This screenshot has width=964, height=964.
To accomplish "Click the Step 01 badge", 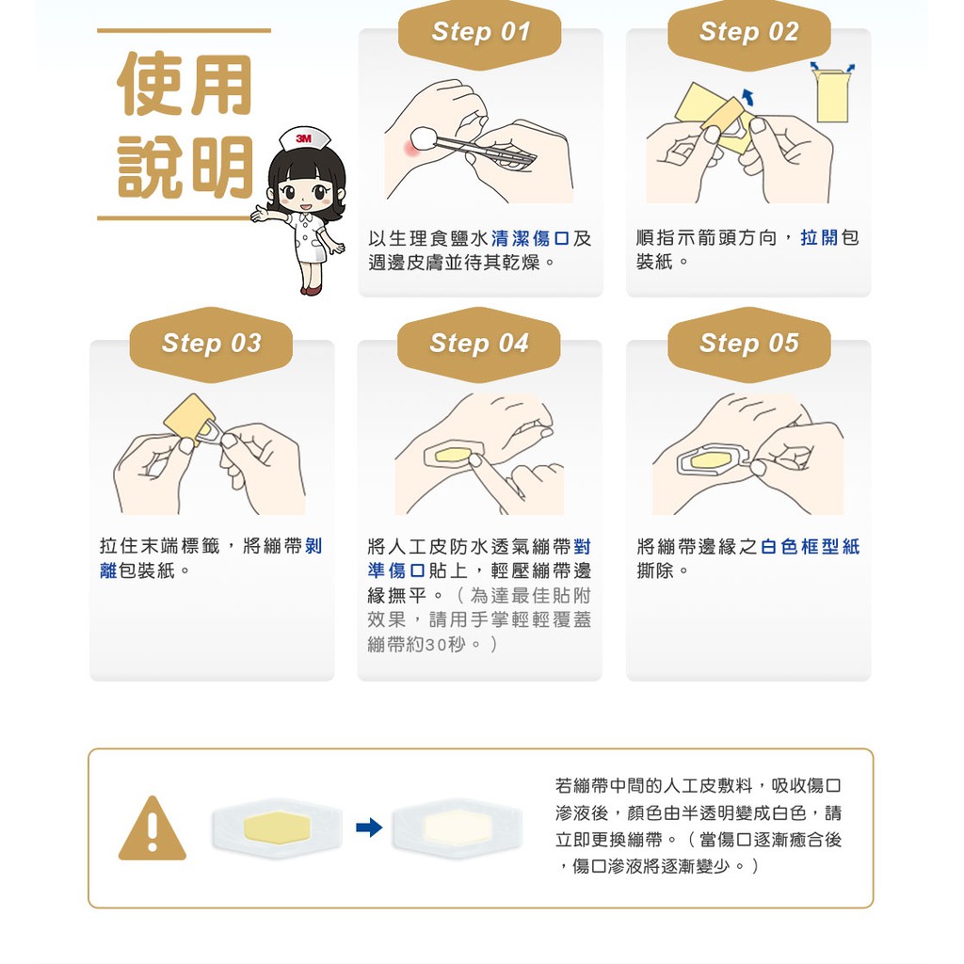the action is tap(479, 35).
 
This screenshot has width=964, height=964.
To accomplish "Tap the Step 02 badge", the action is tap(748, 35).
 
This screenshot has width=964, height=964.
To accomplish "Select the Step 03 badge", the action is tap(211, 345).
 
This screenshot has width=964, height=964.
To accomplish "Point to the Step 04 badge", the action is tap(479, 345).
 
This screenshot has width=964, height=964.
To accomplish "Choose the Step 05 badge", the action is tap(748, 345).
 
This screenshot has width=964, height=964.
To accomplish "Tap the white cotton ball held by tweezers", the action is tap(423, 138).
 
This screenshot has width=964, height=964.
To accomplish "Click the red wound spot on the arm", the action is tap(410, 148).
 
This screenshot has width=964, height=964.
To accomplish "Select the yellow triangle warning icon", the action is tap(152, 829).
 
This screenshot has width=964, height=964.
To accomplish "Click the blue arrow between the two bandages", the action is tap(369, 827).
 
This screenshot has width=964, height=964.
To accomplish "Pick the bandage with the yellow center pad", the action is tap(277, 827).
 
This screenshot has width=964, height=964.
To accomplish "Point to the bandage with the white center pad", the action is tap(457, 827).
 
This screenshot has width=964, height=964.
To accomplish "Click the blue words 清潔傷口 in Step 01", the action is tap(530, 238).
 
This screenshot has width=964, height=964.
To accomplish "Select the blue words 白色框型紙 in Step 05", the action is tap(810, 547).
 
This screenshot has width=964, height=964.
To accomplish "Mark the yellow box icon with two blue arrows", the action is tap(832, 92).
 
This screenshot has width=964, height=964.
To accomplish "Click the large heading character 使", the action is tap(150, 84).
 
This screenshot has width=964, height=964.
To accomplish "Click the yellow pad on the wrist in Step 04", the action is tap(453, 456).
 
